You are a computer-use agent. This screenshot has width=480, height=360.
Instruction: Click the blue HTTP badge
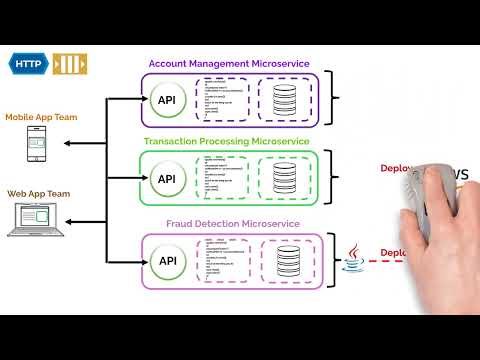tap(30, 63)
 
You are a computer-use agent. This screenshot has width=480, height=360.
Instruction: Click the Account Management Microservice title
tap(229, 63)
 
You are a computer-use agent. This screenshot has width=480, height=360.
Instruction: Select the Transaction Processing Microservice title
tap(229, 142)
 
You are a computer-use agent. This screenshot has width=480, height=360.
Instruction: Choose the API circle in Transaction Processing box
tap(167, 179)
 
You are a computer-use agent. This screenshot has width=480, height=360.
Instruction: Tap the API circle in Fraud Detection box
tap(167, 261)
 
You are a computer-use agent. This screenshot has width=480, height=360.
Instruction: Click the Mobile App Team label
tap(39, 117)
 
